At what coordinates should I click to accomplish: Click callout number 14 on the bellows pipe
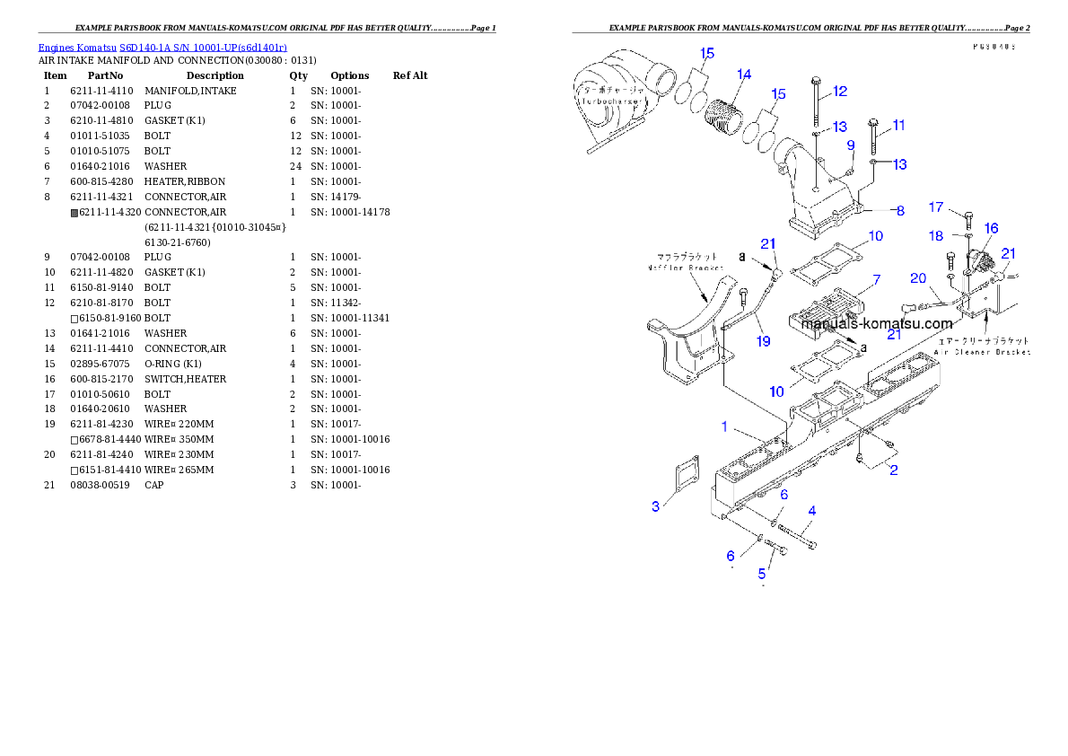(744, 75)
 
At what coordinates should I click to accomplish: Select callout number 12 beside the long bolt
(840, 91)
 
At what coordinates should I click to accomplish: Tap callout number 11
(898, 125)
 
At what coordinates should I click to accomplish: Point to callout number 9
(850, 145)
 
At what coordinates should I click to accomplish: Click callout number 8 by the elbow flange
(899, 211)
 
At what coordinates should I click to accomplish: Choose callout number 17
(935, 207)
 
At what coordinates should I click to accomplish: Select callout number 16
(991, 229)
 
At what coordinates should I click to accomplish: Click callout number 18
(935, 235)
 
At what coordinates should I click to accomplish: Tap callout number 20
(917, 278)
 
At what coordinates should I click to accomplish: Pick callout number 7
(876, 280)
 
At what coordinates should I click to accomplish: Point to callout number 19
(763, 340)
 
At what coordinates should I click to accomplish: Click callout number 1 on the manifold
(725, 426)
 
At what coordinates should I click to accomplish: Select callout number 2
(893, 470)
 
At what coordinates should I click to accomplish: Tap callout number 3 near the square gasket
(656, 506)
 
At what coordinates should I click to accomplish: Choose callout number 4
(811, 511)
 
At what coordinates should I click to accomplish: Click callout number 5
(763, 572)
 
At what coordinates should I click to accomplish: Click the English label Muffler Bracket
(687, 268)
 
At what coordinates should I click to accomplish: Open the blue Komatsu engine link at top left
(162, 47)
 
